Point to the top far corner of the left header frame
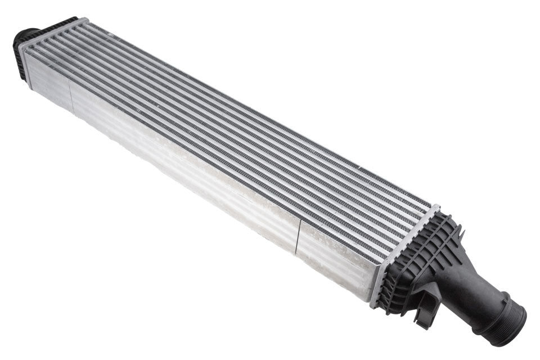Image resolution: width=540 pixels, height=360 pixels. pyautogui.click(x=87, y=20)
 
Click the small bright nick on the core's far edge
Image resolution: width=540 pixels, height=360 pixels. pyautogui.click(x=360, y=168)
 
